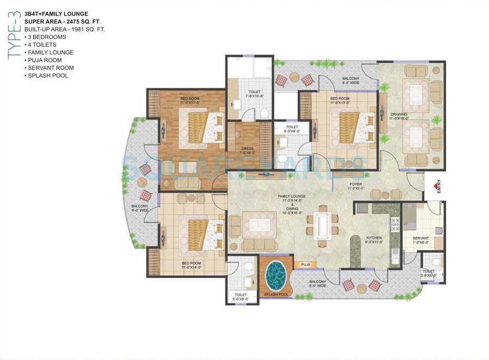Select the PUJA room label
click(305, 264)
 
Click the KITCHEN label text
click(374, 238)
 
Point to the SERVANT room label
click(421, 238)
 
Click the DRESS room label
click(247, 149)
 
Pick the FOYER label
click(356, 185)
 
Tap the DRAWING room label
click(398, 115)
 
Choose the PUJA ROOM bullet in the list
click(45, 60)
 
